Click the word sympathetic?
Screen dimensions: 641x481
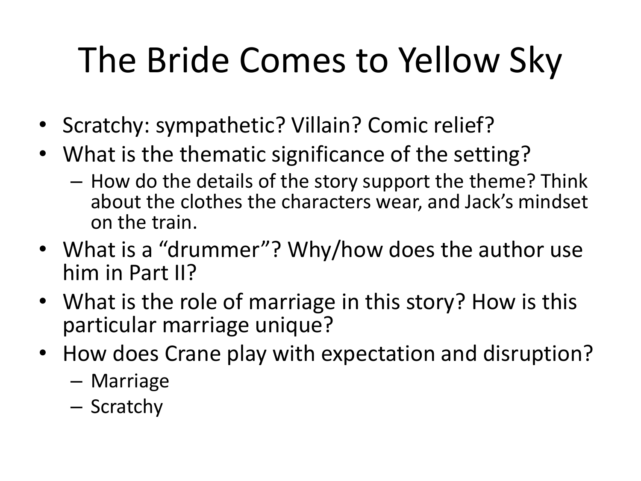pyautogui.click(x=220, y=126)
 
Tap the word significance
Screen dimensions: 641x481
pyautogui.click(x=328, y=155)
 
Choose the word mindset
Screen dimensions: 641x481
pyautogui.click(x=553, y=202)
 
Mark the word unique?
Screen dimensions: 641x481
pyautogui.click(x=294, y=326)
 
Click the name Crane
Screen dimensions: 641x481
pyautogui.click(x=193, y=354)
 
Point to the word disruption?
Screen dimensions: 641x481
pyautogui.click(x=538, y=354)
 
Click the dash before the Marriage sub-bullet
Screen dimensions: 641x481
pyautogui.click(x=76, y=382)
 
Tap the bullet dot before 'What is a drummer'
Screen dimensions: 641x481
pyautogui.click(x=43, y=249)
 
